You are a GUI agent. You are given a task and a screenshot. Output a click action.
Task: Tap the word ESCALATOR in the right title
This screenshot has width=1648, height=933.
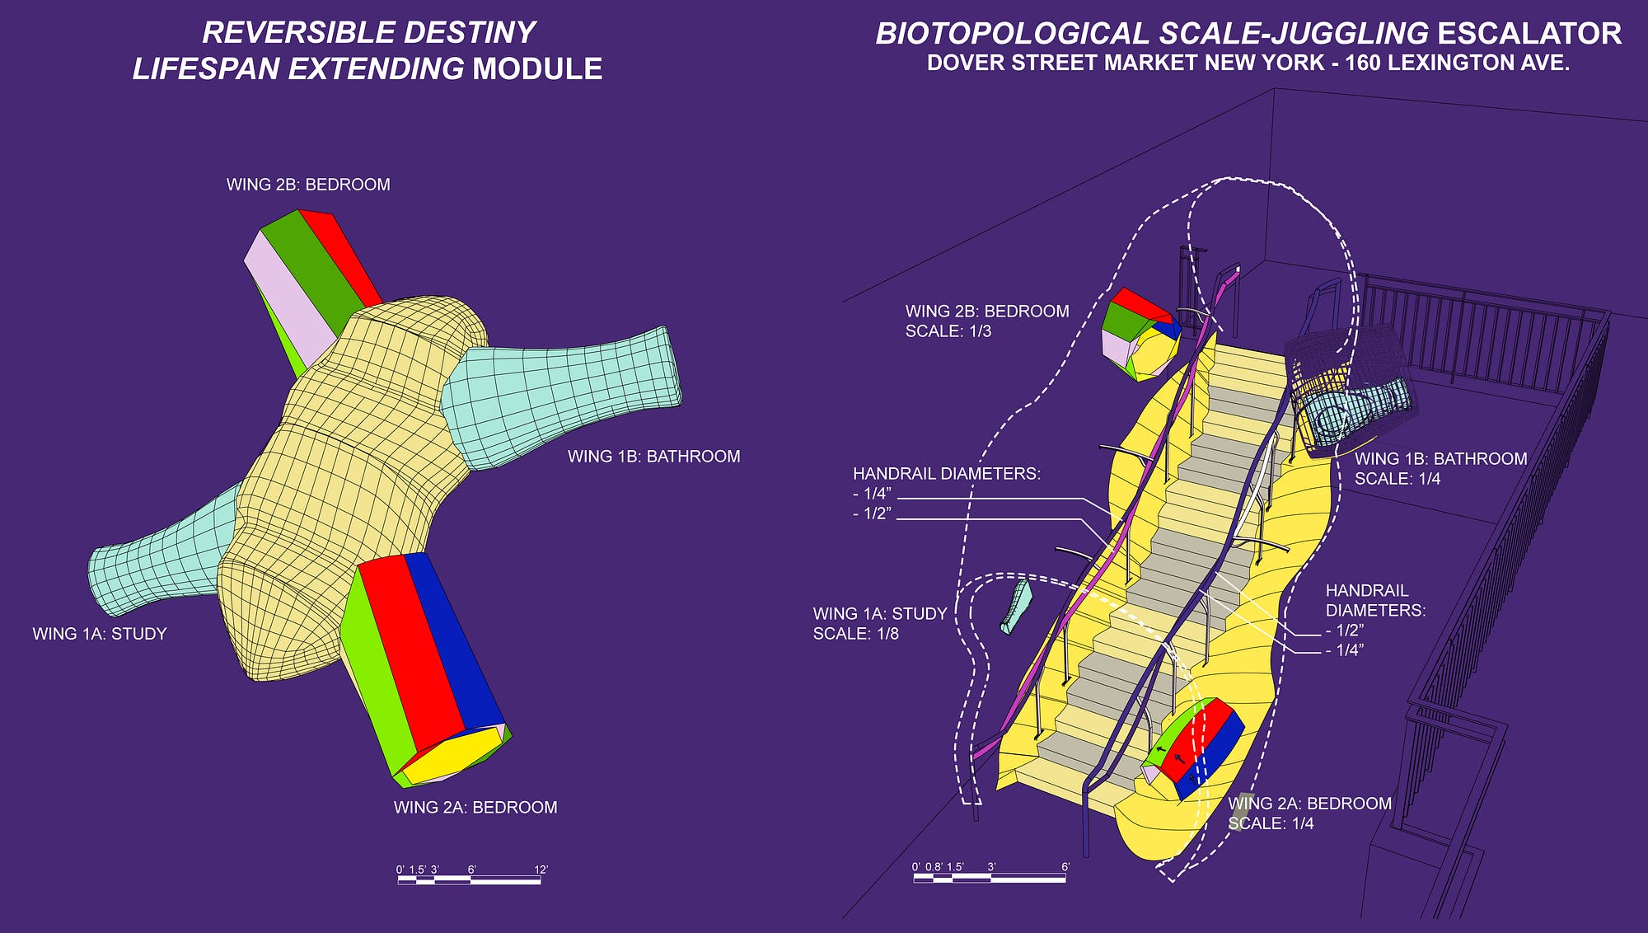[1529, 34]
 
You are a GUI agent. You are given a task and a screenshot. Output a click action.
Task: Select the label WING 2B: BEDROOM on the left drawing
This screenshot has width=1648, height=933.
[308, 185]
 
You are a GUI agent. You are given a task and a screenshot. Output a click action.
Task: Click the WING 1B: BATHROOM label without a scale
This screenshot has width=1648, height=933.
[654, 457]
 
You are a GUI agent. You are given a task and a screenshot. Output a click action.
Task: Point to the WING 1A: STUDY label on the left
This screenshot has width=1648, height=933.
[100, 634]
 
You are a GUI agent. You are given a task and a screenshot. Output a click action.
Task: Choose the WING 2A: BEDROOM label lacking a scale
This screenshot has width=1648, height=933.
[475, 808]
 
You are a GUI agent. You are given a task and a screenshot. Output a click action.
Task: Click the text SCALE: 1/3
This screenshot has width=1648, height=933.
[948, 331]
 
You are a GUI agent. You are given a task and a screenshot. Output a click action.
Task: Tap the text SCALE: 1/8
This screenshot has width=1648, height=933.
[855, 634]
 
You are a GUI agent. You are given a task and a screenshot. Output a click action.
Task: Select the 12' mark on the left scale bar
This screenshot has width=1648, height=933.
[541, 870]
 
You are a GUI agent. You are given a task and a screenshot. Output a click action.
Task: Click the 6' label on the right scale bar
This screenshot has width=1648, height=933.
[1065, 867]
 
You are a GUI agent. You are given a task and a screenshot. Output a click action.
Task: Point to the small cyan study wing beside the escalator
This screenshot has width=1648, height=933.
[1017, 607]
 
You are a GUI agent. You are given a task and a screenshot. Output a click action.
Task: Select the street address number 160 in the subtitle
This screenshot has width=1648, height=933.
[1365, 63]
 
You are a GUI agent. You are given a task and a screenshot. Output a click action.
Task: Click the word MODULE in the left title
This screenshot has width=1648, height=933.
[537, 68]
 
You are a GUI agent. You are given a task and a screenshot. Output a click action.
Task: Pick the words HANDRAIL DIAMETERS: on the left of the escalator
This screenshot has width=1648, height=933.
[947, 474]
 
